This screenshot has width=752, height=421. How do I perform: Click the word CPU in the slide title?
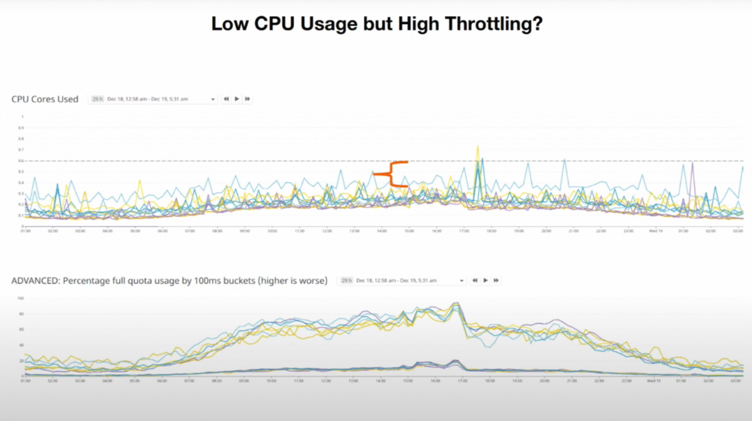click(274, 24)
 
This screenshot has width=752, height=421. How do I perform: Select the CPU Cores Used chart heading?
click(45, 99)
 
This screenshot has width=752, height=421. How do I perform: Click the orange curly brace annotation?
click(391, 174)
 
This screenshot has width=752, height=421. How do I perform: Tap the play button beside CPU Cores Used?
click(237, 99)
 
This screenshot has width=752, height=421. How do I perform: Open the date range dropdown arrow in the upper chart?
click(213, 99)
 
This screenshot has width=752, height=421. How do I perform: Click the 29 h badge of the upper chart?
click(97, 99)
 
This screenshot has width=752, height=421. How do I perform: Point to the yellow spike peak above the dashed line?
click(477, 146)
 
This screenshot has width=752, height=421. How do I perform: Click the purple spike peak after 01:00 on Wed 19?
click(692, 163)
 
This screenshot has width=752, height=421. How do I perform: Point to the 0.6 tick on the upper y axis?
click(21, 161)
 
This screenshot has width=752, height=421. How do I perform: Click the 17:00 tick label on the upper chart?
click(464, 231)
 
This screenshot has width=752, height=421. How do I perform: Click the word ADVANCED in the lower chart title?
click(35, 281)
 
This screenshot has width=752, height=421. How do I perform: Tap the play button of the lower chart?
click(486, 281)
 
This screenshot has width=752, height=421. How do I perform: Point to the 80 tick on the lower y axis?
click(21, 314)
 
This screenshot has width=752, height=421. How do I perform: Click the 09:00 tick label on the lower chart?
click(244, 381)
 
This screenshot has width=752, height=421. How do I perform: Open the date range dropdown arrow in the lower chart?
click(462, 281)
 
